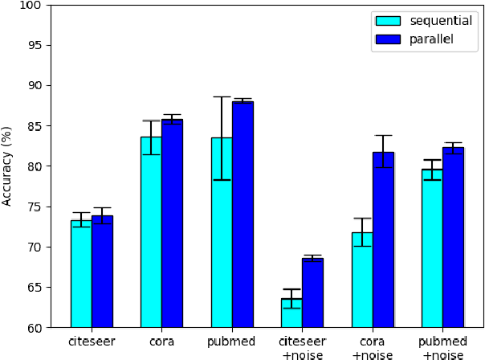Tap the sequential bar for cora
[x=151, y=232]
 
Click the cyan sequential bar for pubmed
[x=222, y=232]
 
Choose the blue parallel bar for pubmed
[x=243, y=215]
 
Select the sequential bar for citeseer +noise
[x=291, y=313]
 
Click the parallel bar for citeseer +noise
[x=312, y=293]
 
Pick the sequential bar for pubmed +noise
[x=432, y=248]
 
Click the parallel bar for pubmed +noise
[x=453, y=238]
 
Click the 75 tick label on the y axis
[x=38, y=207]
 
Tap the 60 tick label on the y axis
[x=38, y=328]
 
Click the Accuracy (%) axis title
[x=9, y=166]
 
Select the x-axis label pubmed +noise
[x=442, y=348]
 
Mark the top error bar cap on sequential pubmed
[x=222, y=96]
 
